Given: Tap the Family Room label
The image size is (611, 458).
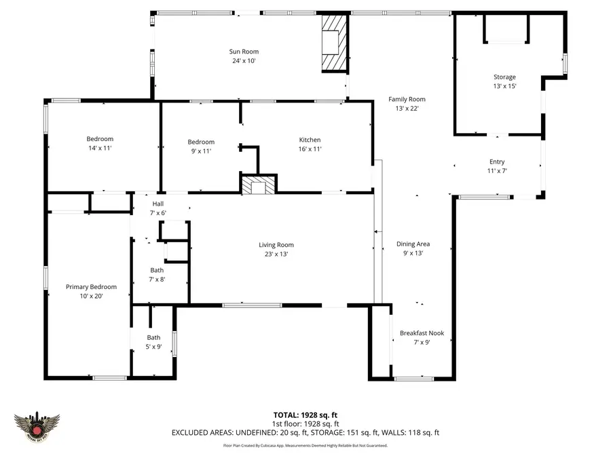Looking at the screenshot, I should [x=406, y=99].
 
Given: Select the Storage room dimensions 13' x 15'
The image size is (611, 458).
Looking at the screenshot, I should [x=504, y=86].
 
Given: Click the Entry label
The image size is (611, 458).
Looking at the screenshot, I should [x=497, y=161].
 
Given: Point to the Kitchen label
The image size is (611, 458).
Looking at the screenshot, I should [x=310, y=140].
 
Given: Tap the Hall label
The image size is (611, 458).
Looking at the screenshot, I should [x=158, y=204].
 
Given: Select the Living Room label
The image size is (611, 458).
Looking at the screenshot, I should [x=276, y=245].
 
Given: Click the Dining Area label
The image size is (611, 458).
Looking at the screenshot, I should [x=413, y=244].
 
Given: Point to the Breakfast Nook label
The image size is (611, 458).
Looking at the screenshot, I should [x=422, y=333].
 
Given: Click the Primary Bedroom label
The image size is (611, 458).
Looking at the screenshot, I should [x=91, y=286].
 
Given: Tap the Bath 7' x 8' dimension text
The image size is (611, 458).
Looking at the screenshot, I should [x=157, y=279].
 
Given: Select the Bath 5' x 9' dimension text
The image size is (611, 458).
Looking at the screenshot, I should [x=154, y=347].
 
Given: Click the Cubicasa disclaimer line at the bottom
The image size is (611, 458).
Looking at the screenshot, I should [x=305, y=446].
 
